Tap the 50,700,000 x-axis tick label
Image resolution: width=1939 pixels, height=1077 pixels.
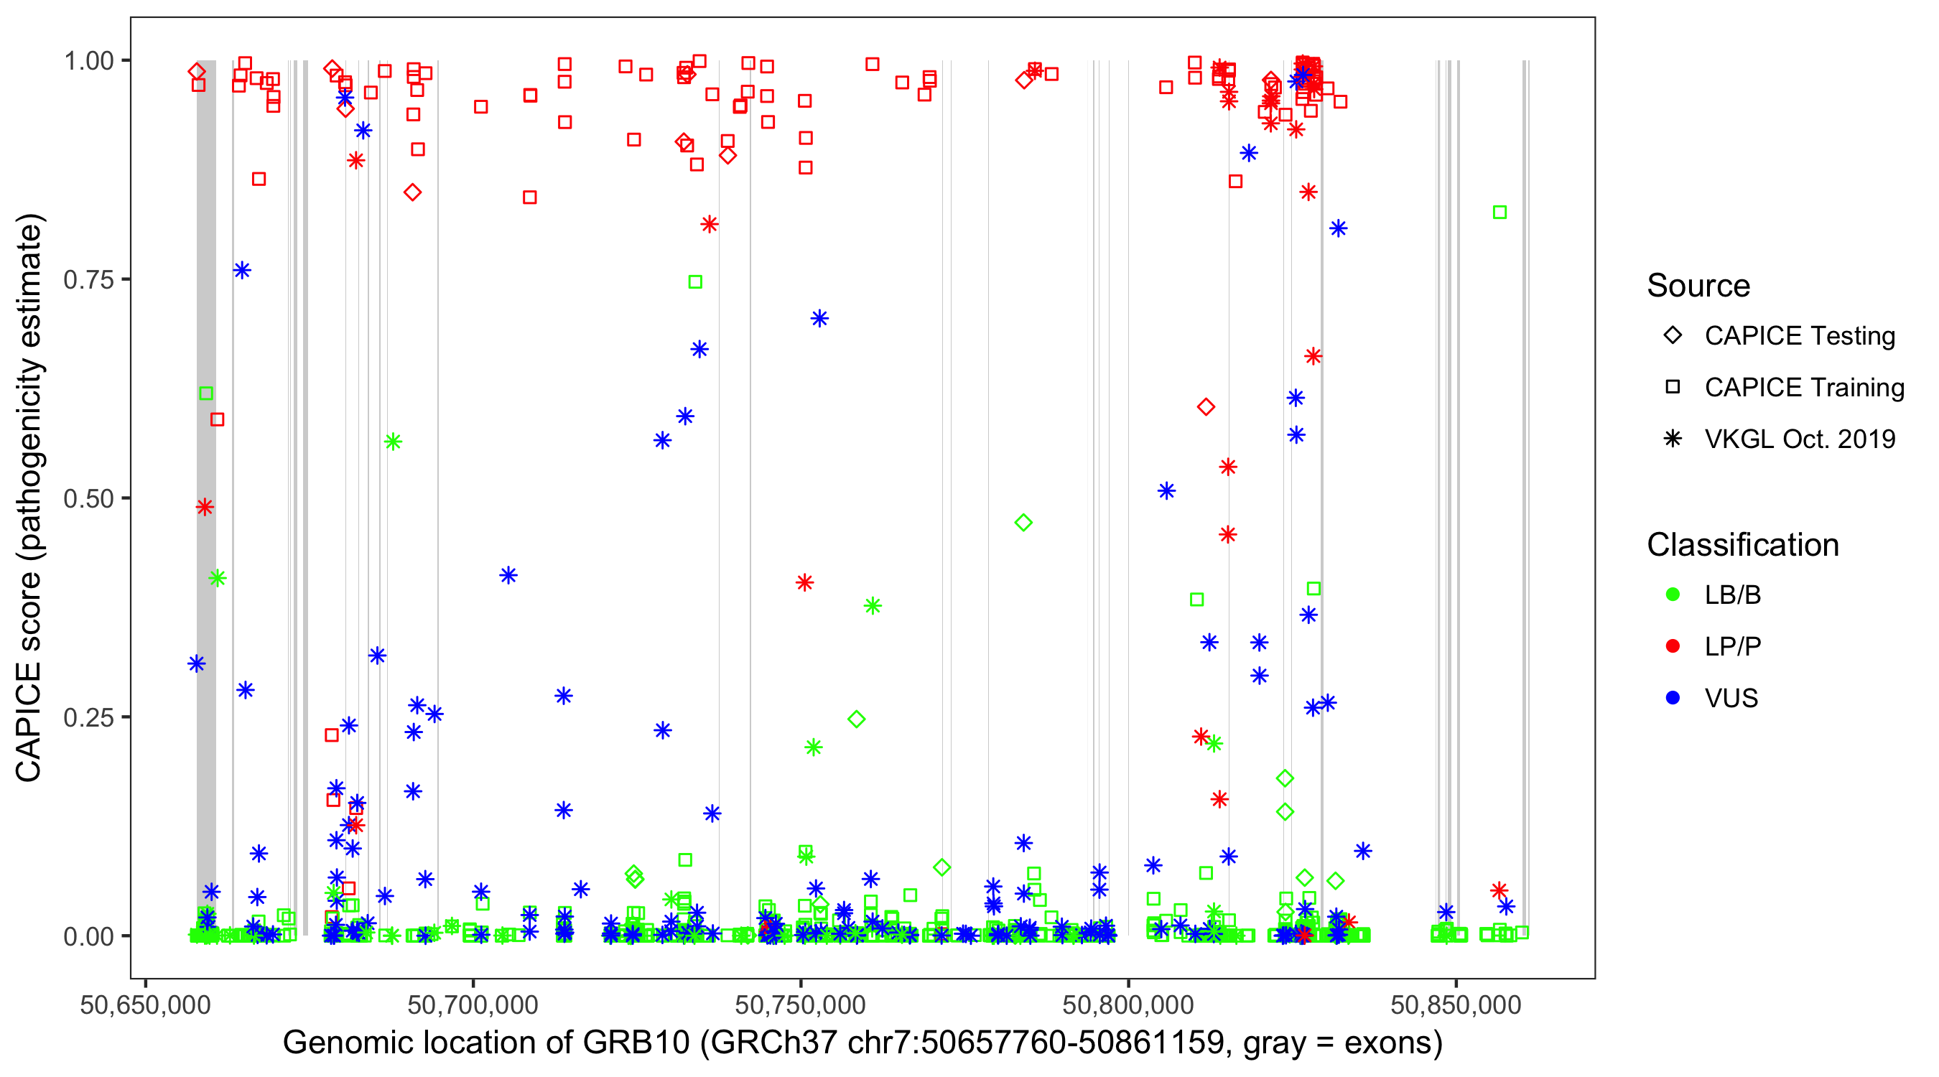coord(473,1005)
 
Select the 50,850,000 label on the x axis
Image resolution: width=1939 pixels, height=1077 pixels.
coord(1456,1005)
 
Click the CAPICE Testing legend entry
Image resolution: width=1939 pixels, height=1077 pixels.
coord(1799,336)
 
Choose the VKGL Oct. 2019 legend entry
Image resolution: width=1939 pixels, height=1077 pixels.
coord(1799,439)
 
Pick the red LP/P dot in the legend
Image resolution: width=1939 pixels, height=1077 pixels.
coord(1673,646)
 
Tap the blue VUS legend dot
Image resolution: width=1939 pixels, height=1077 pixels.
coord(1673,698)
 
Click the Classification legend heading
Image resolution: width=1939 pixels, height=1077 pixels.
coord(1742,545)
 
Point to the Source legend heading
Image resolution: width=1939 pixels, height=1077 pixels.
coord(1698,286)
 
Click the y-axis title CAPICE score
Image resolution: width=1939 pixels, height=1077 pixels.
coord(30,498)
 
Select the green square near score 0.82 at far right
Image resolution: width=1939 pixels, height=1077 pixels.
coord(1499,213)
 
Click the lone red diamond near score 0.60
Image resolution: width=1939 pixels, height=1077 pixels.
coord(1206,407)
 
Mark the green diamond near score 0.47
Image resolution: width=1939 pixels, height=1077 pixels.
coord(1023,522)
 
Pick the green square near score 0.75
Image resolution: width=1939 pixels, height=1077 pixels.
coord(695,282)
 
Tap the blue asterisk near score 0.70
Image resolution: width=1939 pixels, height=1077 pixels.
coord(819,318)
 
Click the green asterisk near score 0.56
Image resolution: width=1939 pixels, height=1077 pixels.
coord(392,442)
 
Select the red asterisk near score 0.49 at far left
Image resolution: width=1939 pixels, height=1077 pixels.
coord(205,507)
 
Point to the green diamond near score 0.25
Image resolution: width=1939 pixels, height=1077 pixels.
coord(856,719)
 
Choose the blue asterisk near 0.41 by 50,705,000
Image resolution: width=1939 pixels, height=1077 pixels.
coord(508,576)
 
